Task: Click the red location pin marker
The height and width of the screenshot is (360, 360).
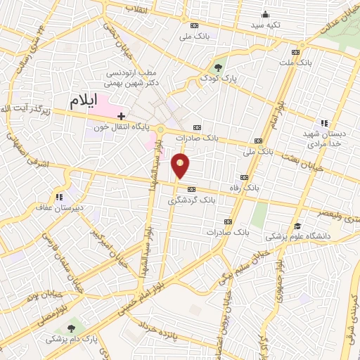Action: (x=181, y=166)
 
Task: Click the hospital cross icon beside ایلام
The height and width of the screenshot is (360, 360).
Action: (x=122, y=116)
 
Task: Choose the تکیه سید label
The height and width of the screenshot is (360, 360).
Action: (x=266, y=25)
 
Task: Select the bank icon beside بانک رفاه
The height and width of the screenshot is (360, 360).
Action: (x=245, y=178)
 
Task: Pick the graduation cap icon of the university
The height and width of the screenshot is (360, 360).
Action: (x=297, y=226)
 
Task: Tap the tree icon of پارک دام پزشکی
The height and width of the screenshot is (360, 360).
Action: (x=72, y=328)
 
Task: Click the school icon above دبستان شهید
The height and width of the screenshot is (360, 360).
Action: (x=323, y=122)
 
